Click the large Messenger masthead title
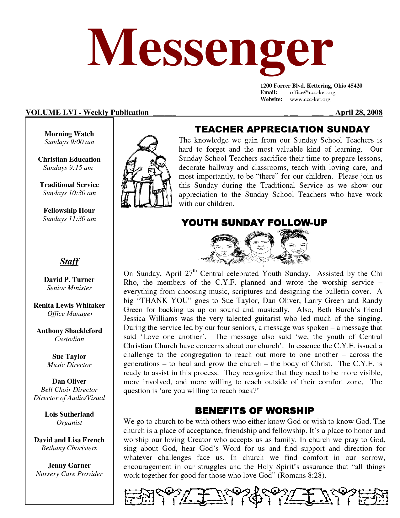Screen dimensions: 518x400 210,50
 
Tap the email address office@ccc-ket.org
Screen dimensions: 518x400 312,93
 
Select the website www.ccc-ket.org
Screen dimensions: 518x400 310,100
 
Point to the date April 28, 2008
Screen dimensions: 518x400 359,113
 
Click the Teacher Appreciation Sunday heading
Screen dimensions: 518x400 282,129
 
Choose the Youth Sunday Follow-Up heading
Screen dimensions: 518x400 254,223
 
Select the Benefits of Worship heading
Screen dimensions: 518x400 254,411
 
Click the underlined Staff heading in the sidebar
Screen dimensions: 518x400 69,262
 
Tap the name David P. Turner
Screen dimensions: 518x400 69,280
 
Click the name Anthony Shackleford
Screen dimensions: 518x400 69,331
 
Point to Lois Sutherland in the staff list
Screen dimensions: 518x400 69,414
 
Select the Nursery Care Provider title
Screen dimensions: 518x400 69,474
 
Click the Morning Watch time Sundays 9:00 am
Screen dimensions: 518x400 69,142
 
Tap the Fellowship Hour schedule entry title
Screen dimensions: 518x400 69,211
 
